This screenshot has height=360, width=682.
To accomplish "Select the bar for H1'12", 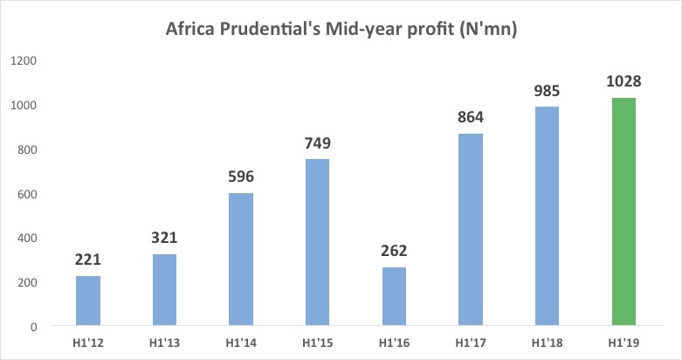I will click(88, 301).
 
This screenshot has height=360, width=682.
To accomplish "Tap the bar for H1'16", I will click(393, 297).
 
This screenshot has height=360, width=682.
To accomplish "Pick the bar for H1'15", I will click(317, 243).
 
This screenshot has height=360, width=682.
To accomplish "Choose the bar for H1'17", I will click(470, 230).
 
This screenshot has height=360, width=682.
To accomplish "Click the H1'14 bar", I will click(241, 260).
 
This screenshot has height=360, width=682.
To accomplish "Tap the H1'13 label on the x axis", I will click(164, 343).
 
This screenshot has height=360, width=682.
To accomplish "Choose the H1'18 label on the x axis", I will click(546, 343).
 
